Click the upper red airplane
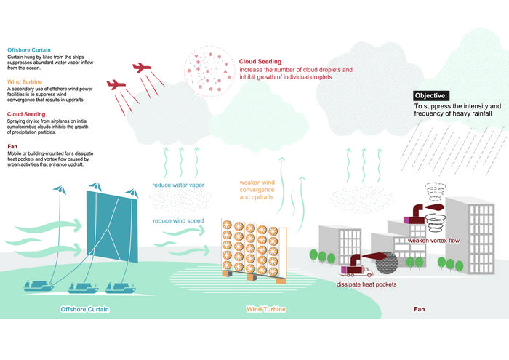pos(143,70)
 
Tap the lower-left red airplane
pos(116,86)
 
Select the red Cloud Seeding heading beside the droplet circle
pos(260,62)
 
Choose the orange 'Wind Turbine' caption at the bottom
pos(265,310)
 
